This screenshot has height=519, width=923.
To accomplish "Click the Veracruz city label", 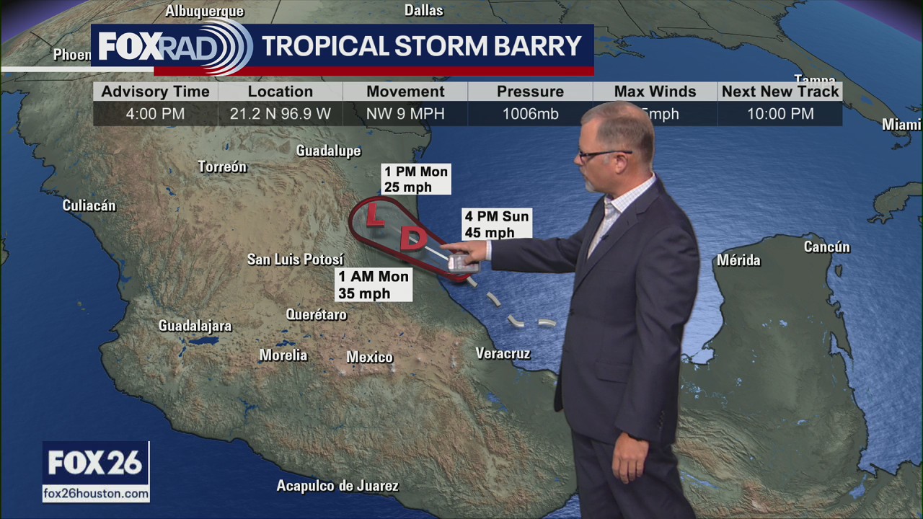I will [503, 353].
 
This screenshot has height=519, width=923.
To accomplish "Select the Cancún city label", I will [826, 247].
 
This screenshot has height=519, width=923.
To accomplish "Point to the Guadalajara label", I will [195, 326].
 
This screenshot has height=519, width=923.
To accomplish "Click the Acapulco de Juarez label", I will [337, 486].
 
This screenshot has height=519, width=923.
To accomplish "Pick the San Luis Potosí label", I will [295, 259].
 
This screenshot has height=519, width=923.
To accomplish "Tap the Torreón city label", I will [222, 167].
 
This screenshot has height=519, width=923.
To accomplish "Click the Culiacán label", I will [89, 205].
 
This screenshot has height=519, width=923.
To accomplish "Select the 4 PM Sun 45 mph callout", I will [496, 224].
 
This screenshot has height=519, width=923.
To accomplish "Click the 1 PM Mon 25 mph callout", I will [416, 179].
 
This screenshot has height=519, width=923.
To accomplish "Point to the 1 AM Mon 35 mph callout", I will [374, 285].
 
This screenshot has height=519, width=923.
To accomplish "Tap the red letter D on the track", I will [412, 239].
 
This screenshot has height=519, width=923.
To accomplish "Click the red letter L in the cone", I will [374, 215].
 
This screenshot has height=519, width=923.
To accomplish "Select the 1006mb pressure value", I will [530, 114].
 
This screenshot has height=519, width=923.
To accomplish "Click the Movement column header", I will [405, 92].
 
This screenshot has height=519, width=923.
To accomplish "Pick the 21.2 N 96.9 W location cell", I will [281, 114].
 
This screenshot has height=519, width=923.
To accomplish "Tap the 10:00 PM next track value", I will [780, 114].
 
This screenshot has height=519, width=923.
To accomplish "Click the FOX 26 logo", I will [95, 463].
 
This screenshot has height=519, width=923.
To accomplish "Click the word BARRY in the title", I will [537, 46].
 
